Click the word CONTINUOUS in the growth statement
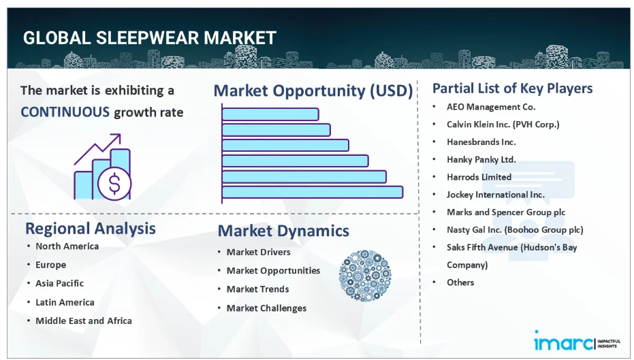[x=65, y=112]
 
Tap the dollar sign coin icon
[x=114, y=184]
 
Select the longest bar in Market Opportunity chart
[x=313, y=192]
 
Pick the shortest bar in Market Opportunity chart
[x=270, y=114]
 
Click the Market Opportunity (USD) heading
[x=313, y=91]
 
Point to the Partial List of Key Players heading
[x=512, y=88]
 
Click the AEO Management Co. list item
[x=491, y=107]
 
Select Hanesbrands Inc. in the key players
[x=481, y=142]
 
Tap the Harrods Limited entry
[x=479, y=177]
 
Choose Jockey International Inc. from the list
[x=495, y=195]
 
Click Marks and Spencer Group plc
[x=506, y=212]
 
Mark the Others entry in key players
[x=460, y=282]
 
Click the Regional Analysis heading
[x=90, y=228]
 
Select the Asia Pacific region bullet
[x=59, y=283]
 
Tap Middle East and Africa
[x=84, y=321]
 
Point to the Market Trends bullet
[x=257, y=289]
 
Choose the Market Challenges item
[x=266, y=308]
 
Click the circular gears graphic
[x=365, y=276]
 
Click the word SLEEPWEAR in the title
[x=148, y=38]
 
